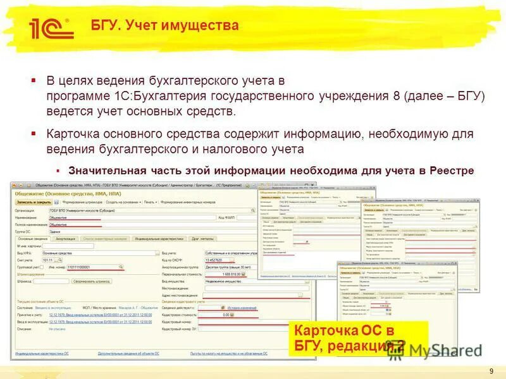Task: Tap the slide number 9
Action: [x=491, y=370]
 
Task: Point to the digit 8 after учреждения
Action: [x=392, y=97]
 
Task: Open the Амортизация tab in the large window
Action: [x=66, y=239]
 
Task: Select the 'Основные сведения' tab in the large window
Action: [x=34, y=239]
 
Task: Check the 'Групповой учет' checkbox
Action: [x=42, y=267]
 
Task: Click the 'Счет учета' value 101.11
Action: [x=47, y=260]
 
